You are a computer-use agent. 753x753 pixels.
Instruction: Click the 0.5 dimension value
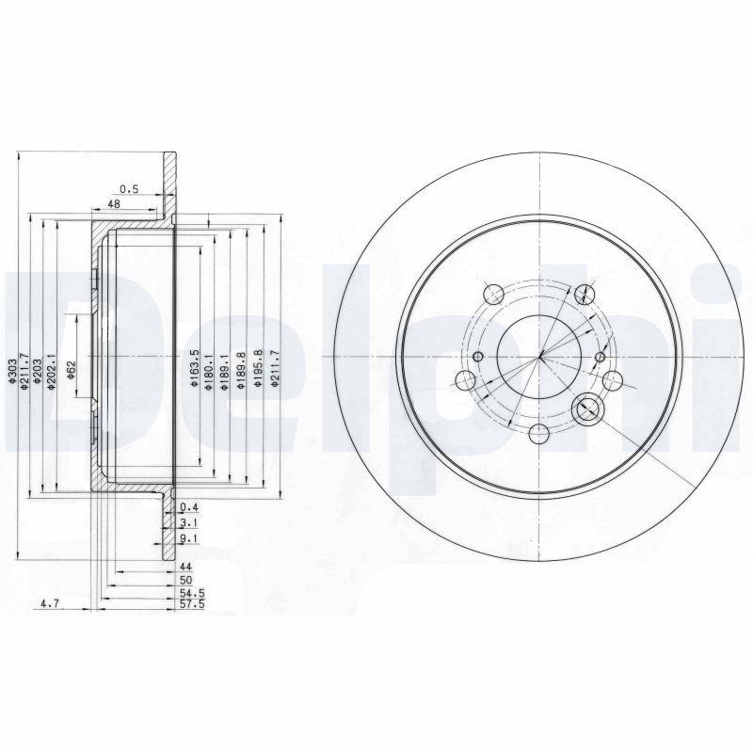(129, 189)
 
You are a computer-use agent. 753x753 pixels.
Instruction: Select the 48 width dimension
(114, 203)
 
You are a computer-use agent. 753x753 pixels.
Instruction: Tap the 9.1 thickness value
(186, 539)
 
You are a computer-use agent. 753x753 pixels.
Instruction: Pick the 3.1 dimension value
(186, 522)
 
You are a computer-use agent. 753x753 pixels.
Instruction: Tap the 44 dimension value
(185, 568)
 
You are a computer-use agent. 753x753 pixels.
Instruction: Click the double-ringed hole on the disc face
(587, 408)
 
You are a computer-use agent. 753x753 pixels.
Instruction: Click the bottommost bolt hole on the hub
(539, 433)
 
